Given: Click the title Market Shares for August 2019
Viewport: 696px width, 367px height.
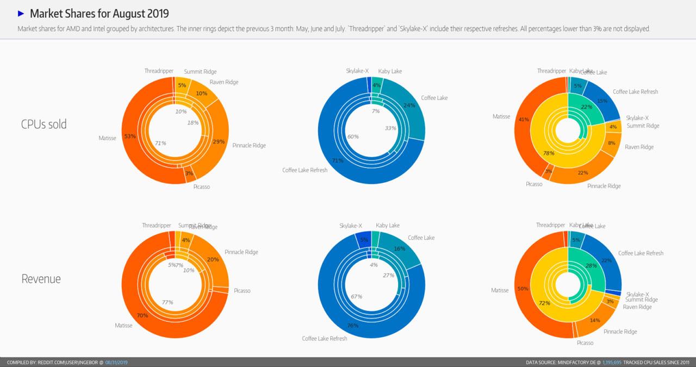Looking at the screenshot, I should pos(99,14).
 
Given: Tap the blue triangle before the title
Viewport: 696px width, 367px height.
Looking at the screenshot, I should pos(21,13).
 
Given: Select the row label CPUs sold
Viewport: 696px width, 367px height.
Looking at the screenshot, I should pos(43,124).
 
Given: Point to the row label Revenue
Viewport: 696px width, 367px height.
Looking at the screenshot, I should pos(41,279).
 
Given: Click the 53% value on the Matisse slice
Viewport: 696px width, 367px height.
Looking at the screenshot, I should pos(130,136).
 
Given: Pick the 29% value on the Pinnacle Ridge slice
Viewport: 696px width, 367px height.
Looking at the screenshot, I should pos(219,141).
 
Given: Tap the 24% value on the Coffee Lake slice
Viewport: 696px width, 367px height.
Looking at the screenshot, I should pos(409,105).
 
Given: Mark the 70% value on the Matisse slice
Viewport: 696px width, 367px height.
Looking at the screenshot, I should pos(142,315).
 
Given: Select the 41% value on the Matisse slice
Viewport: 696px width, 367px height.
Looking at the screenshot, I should pos(524,119).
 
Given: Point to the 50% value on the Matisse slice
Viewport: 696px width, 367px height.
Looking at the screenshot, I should pos(523,289).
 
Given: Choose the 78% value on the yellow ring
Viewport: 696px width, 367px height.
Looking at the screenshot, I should pos(548,153).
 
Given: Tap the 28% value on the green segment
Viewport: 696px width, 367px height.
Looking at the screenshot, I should pos(591,266).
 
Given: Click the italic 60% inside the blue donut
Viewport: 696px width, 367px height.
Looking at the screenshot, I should pos(352,136).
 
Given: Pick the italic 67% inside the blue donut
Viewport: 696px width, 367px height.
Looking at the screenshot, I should pos(357,297).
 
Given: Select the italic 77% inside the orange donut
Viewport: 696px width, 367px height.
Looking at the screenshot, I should pos(167,302).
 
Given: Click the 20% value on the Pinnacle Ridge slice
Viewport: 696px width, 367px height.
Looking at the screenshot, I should pos(213,259).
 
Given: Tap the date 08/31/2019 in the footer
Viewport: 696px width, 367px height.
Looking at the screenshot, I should pos(117,362).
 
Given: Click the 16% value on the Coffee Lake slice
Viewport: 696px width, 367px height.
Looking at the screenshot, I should pos(400,248).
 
